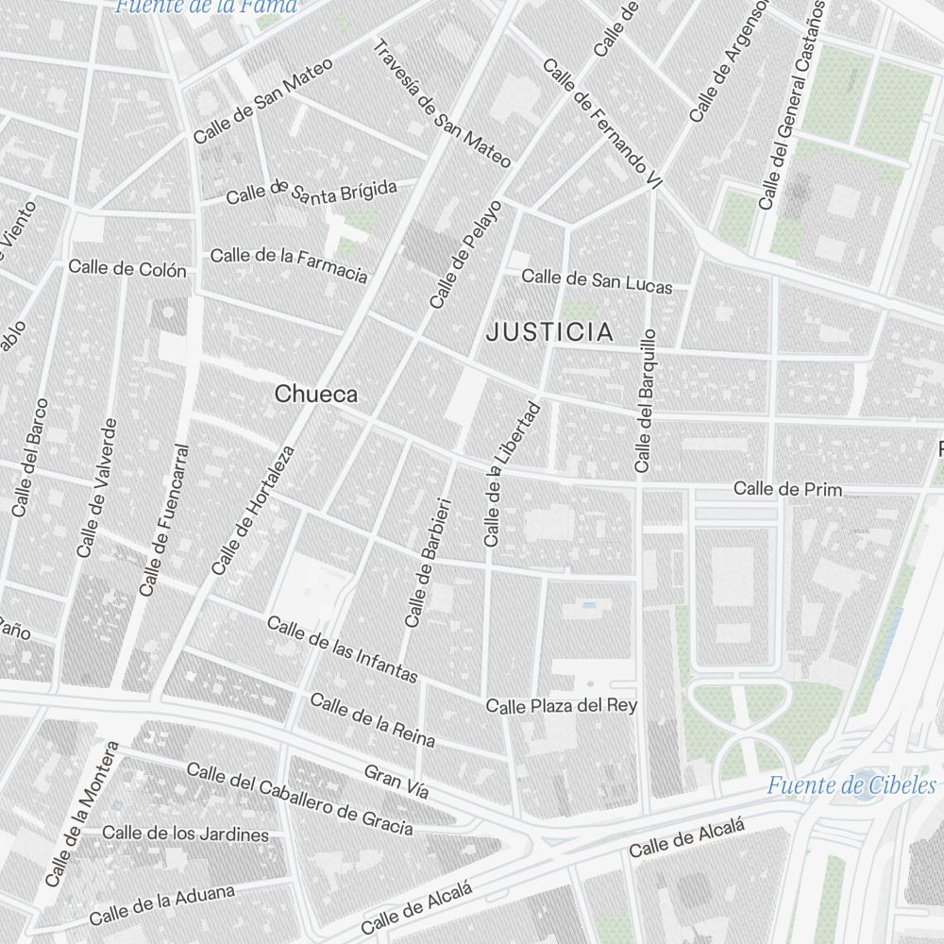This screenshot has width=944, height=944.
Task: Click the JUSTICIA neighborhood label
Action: pos(549,332)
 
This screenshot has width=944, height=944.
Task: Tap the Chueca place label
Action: pos(316,394)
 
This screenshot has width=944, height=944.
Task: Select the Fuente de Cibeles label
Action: pos(851,785)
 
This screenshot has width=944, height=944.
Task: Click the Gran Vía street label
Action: pos(396,781)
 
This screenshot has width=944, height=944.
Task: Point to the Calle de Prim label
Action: pos(787,489)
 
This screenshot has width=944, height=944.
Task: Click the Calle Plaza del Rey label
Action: pos(561,705)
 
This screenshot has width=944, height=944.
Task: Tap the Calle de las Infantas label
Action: pos(342,649)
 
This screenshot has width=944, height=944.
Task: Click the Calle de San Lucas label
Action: pos(597,280)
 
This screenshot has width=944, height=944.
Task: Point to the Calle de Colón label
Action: pos(126,268)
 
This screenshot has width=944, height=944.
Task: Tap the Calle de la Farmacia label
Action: pos(288,264)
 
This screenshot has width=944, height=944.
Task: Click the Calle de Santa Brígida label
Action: pos(312,193)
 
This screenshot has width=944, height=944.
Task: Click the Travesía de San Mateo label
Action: pos(442,103)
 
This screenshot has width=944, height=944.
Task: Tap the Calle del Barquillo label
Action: pos(646,400)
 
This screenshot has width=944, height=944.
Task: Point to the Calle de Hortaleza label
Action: pos(253,510)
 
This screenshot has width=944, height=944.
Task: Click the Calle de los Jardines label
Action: pos(185,834)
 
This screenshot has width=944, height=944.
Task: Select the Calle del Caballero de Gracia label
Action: pos(299,800)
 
